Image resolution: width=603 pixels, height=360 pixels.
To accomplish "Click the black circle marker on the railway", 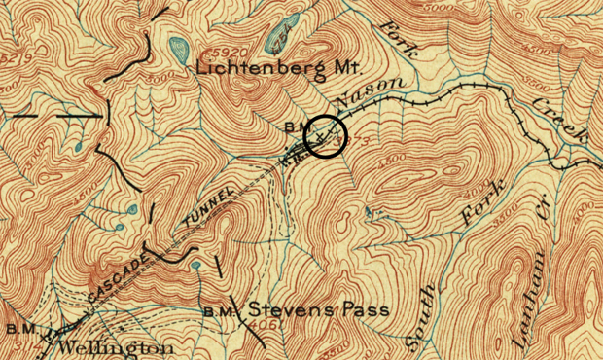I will click(x=326, y=136).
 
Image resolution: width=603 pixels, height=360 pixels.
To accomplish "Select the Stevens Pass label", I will click(x=319, y=310).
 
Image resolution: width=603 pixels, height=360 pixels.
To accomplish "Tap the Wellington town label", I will click(x=117, y=347).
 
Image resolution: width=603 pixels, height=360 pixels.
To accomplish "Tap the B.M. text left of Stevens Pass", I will click(x=222, y=311).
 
